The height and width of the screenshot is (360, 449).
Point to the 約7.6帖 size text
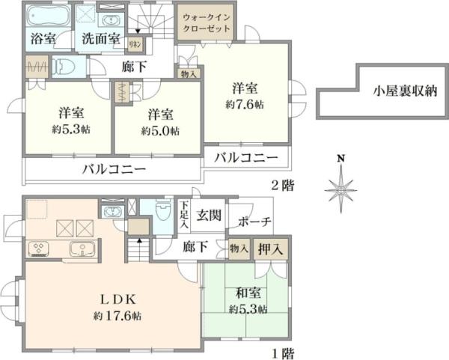pos(247,105)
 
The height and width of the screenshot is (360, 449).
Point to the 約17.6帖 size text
pos(117,317)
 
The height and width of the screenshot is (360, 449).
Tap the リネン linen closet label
pos(135,45)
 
